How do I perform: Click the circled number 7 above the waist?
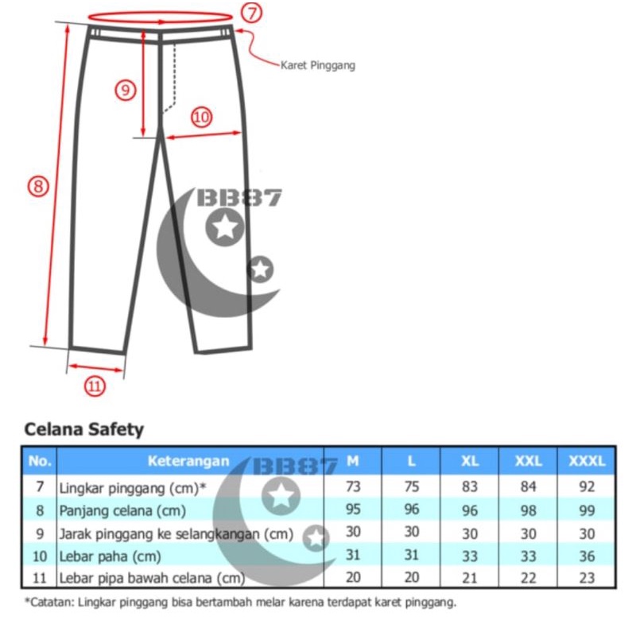point(252,13)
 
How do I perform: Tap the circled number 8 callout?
point(38,187)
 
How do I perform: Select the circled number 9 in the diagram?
point(126,90)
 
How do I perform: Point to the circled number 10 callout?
point(202,117)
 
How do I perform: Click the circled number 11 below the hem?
point(95,386)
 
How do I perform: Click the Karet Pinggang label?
point(318,65)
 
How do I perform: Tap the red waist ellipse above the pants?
point(161,17)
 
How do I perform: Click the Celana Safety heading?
point(84,429)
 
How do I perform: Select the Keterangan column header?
point(188,461)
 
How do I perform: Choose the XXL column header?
point(528,461)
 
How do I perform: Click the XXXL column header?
point(587,461)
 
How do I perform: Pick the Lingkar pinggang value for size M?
point(353,486)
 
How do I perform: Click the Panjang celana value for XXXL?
point(587,510)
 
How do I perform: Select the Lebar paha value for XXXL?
point(587,556)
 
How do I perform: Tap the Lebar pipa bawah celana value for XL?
point(470,578)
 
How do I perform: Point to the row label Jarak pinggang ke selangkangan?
point(176,534)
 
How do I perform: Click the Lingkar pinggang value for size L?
point(411,486)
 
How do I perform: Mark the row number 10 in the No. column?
point(40,556)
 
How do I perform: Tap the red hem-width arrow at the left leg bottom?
point(95,368)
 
